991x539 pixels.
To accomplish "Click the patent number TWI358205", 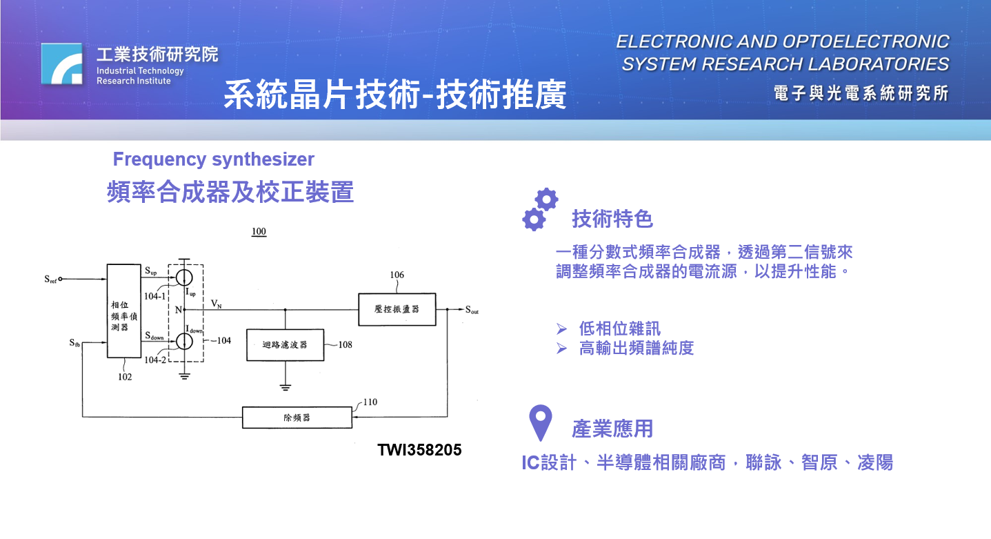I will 419,450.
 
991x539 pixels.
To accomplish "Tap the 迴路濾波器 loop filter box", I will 285,344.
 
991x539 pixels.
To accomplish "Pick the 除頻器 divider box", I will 297,418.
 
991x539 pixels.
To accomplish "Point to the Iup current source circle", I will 183,277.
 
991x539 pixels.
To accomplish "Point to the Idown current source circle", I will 183,341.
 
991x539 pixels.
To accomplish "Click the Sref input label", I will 50,280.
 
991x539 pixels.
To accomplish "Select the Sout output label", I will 472,310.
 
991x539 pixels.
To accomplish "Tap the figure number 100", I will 259,232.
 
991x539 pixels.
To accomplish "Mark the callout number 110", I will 370,402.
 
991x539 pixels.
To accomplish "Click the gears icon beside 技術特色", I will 540,209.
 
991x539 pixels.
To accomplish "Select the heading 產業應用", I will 612,429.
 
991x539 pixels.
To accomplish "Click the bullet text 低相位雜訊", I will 619,329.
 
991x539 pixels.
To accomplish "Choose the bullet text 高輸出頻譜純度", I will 636,349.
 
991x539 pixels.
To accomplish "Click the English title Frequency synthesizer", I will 213,159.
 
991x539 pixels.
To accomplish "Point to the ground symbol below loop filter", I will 286,386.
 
